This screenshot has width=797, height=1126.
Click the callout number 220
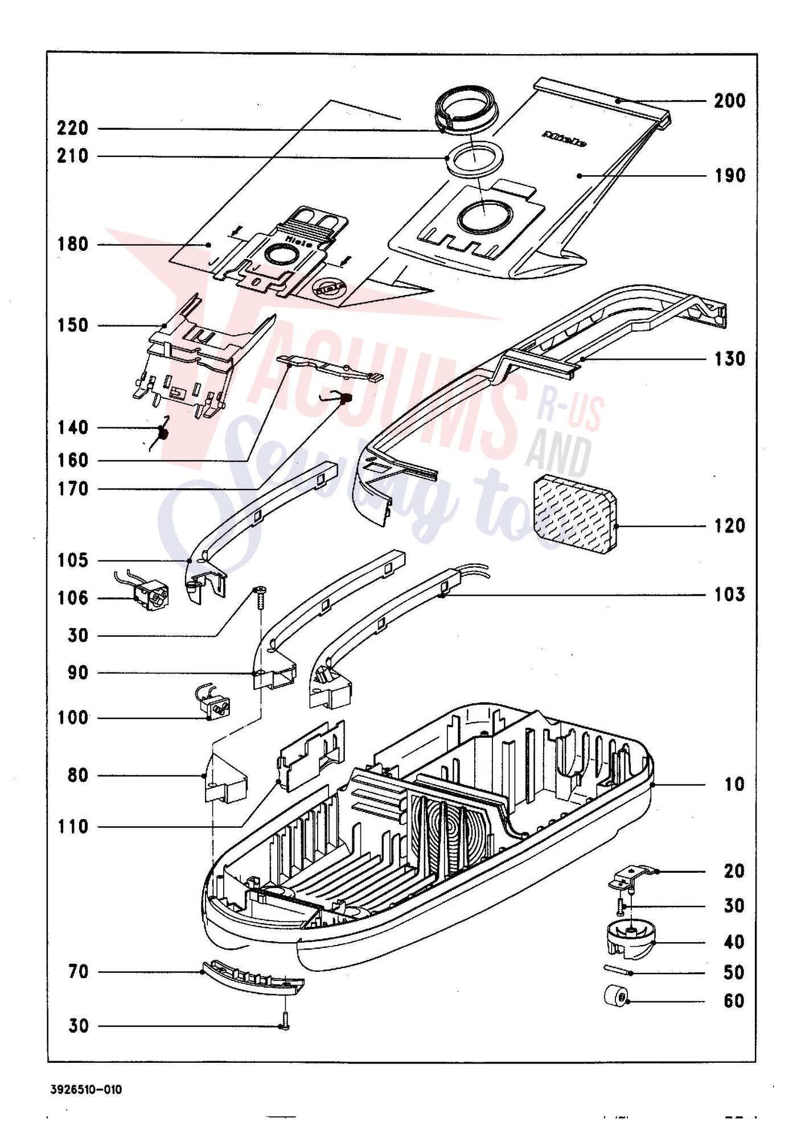pos(73,128)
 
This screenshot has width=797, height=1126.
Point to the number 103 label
pos(730,595)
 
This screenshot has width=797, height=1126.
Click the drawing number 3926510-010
pos(86,1090)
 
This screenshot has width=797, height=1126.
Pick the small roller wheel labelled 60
pos(617,1012)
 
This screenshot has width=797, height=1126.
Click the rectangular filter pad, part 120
pos(575,514)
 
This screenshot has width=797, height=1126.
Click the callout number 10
pos(734,785)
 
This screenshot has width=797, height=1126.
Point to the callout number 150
pos(73,325)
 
